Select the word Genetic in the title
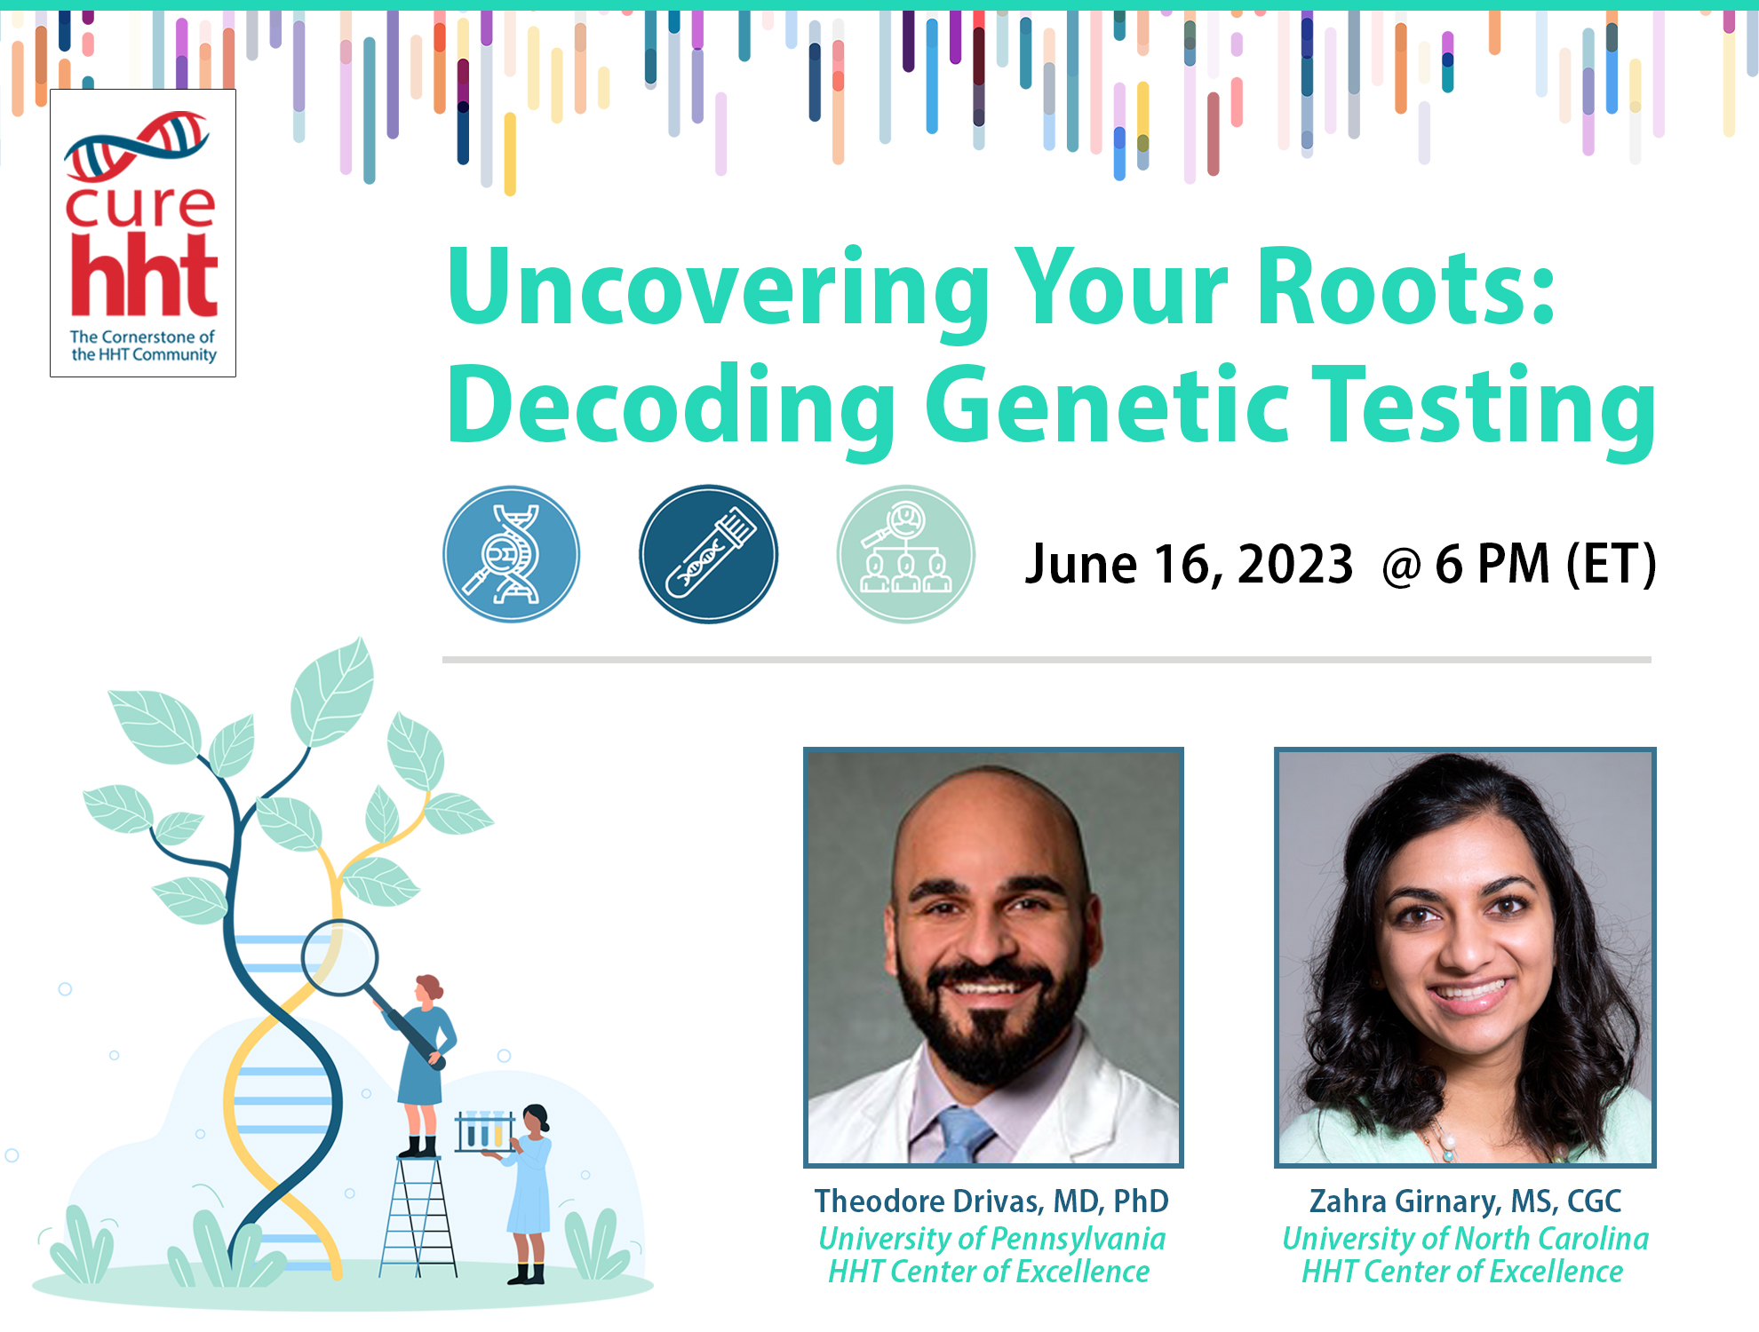coord(1106,407)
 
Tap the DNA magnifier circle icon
coord(511,554)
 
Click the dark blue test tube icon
coord(708,554)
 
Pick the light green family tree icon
coord(905,554)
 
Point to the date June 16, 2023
coord(1188,564)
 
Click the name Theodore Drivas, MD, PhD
coord(991,1201)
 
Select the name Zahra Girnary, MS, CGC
coord(1465,1201)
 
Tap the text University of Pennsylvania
coord(991,1238)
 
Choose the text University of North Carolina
coord(1465,1238)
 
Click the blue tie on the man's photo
coord(964,1137)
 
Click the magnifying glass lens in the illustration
coord(339,958)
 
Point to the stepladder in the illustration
coord(418,1217)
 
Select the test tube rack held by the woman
coord(484,1132)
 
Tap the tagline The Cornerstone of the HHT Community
coord(143,345)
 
